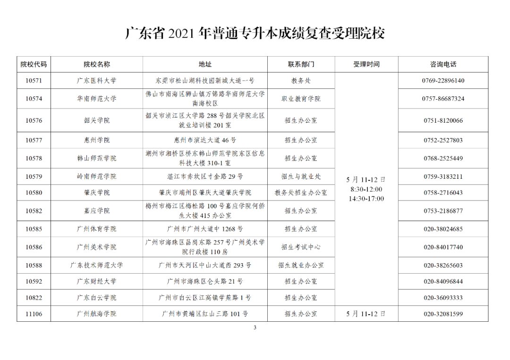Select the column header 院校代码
(34, 65)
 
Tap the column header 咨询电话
(443, 65)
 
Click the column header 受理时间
(366, 65)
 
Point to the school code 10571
(34, 81)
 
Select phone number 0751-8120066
(443, 121)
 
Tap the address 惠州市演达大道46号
(205, 140)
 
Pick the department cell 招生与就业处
(301, 176)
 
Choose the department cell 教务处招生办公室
(301, 193)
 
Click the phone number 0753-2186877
(443, 211)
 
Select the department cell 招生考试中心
(301, 247)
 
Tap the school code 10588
(34, 266)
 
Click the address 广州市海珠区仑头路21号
(205, 282)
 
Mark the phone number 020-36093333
(443, 298)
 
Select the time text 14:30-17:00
(366, 199)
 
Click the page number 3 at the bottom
(255, 328)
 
